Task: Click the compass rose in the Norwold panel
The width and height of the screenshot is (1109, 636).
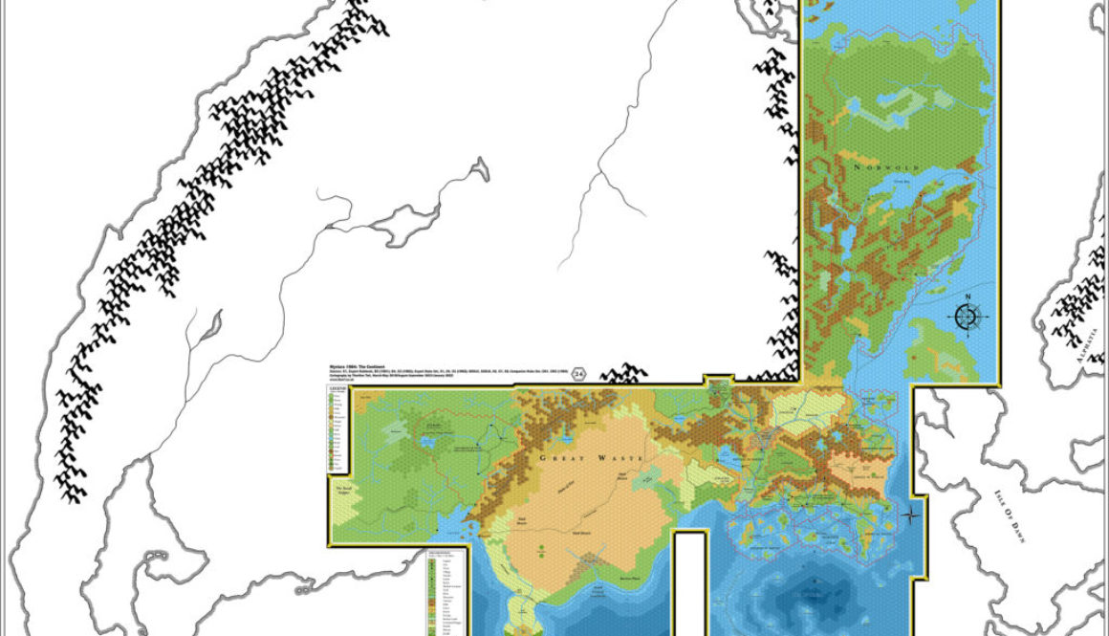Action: click(x=967, y=318)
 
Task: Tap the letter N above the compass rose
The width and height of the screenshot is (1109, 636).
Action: click(x=967, y=296)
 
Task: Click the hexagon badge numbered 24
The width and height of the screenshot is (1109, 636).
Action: click(x=578, y=376)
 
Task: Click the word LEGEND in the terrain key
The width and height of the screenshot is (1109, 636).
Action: click(x=337, y=389)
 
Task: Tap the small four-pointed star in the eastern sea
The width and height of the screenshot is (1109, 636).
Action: click(x=911, y=515)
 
